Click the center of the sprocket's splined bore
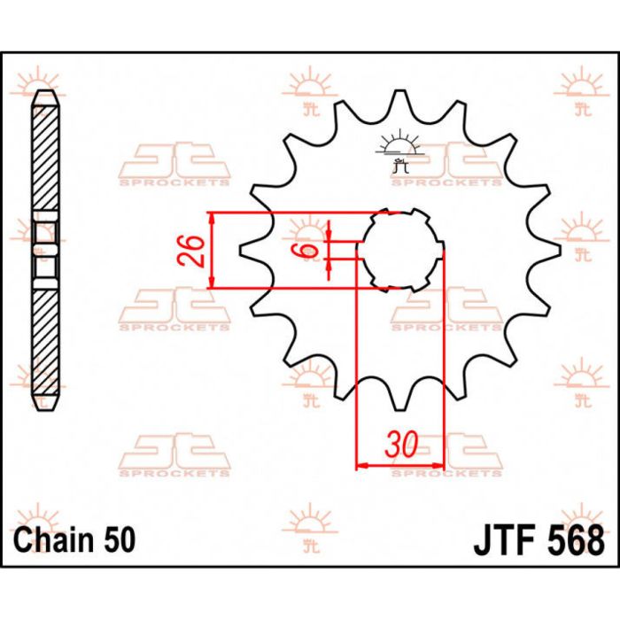point(400,250)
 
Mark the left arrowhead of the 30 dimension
point(360,464)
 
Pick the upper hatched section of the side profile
point(46,159)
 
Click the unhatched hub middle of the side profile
point(46,251)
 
